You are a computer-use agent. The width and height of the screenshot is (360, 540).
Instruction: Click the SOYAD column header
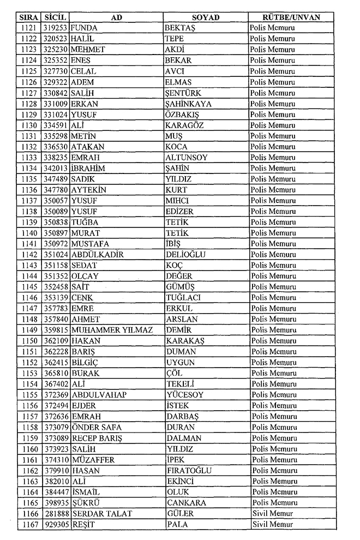pyautogui.click(x=206, y=17)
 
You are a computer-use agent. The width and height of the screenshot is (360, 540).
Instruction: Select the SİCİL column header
pyautogui.click(x=55, y=17)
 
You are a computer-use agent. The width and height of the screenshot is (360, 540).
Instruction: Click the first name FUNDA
pyautogui.click(x=85, y=28)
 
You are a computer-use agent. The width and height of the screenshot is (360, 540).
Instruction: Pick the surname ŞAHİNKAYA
pyautogui.click(x=188, y=104)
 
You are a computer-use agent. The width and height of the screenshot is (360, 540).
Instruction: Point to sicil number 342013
pyautogui.click(x=55, y=168)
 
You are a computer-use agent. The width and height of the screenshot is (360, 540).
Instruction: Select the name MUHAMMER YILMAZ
pyautogui.click(x=112, y=330)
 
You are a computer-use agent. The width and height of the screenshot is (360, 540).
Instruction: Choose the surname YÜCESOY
pyautogui.click(x=184, y=395)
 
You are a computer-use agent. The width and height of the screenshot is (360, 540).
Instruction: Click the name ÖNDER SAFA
pyautogui.click(x=95, y=427)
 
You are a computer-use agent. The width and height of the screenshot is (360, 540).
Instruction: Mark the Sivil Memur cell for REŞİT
pyautogui.click(x=272, y=524)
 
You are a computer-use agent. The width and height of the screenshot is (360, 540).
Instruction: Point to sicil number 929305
pyautogui.click(x=55, y=524)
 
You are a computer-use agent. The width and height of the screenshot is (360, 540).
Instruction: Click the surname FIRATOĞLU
pyautogui.click(x=189, y=470)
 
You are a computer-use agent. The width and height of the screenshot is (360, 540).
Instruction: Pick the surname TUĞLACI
pyautogui.click(x=183, y=298)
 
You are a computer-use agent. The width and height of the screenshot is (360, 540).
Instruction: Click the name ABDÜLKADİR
pyautogui.click(x=98, y=255)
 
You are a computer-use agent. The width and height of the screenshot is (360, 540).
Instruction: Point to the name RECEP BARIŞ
pyautogui.click(x=97, y=438)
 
